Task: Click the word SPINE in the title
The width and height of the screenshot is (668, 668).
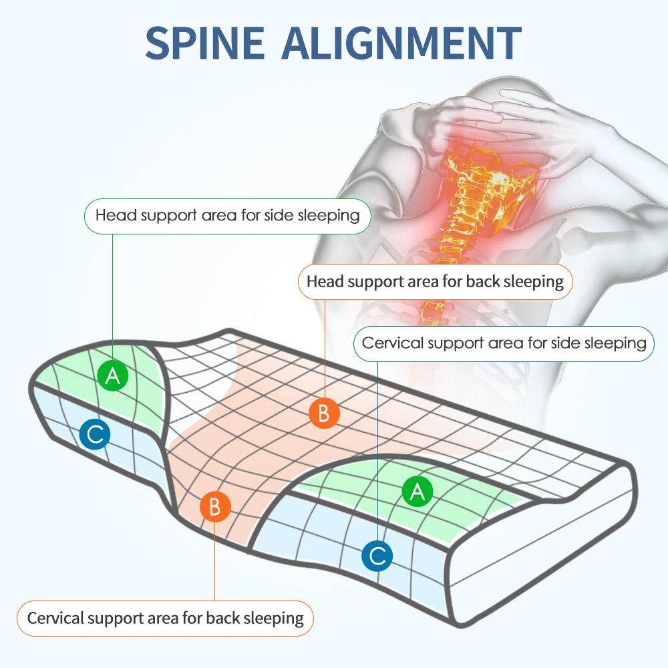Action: [x=204, y=43]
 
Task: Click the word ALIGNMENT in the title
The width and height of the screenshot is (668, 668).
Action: [x=401, y=43]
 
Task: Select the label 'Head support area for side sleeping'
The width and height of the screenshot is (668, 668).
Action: [x=228, y=216]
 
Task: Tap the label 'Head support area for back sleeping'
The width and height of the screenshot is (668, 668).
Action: [x=435, y=282]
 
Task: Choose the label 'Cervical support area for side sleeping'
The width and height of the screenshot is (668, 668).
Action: [x=504, y=343]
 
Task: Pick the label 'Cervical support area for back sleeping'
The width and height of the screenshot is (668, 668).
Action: [x=165, y=618]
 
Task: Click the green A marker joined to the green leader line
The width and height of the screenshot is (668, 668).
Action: [x=112, y=375]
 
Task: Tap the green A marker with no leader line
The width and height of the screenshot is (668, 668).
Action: [x=417, y=491]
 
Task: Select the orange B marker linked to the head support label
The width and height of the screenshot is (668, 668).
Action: [x=324, y=413]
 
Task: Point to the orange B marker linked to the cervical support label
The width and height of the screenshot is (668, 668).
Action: [x=215, y=506]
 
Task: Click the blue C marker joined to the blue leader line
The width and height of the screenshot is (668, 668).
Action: [x=377, y=556]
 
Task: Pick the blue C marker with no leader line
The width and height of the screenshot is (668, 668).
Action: [x=95, y=434]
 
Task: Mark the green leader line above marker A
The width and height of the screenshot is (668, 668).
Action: [x=112, y=297]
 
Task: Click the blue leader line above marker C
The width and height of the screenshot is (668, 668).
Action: [x=377, y=451]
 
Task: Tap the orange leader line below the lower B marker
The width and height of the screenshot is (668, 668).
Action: [x=214, y=562]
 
